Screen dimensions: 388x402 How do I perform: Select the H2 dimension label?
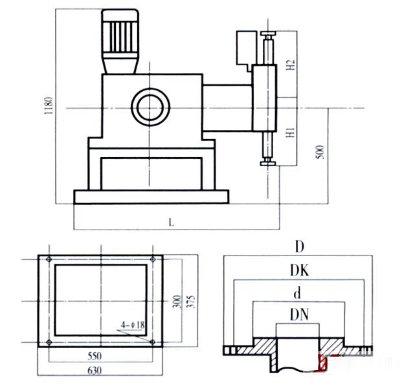pos(291,65)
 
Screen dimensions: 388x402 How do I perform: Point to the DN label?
pos(298,314)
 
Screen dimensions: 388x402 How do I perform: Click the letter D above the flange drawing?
pos(298,247)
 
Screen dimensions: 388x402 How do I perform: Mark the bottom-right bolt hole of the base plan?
pos(151,342)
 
